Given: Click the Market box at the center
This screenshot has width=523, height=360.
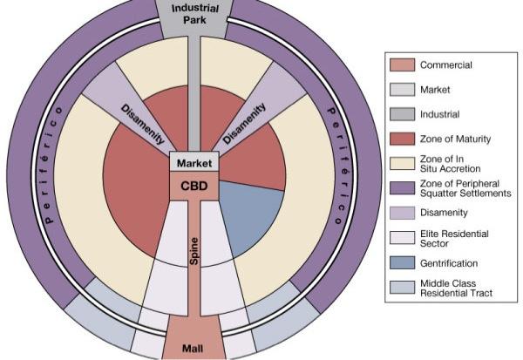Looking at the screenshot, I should pos(194,163).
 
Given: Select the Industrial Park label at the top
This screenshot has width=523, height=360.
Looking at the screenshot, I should pos(194,13).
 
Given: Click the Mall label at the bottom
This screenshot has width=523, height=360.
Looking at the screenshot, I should pos(194,348).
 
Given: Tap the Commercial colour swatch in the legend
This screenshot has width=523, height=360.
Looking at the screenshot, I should pos(401,65).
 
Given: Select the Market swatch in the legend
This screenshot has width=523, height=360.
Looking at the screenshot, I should pos(401,89).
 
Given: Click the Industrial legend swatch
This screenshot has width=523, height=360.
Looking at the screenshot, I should pos(401,113).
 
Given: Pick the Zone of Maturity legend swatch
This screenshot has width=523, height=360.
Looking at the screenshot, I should pos(401,138).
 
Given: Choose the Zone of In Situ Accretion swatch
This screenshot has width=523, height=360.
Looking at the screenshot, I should pos(401,162).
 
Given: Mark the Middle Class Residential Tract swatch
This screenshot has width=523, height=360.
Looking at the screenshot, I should pos(401,288).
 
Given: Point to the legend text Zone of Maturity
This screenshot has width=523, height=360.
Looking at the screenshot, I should pos(455,138).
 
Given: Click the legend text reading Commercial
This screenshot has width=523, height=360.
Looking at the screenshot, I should pos(446,65).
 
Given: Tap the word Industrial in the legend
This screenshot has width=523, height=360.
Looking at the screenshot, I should pos(440,113).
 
